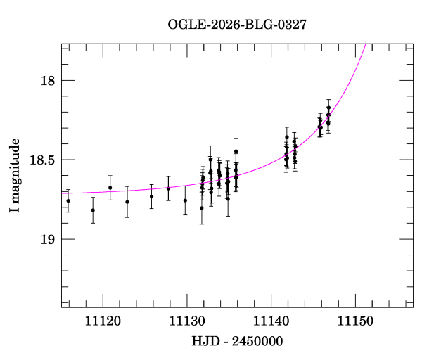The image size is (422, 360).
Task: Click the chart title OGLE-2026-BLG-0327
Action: click(237, 24)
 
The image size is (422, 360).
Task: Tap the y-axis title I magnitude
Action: click(15, 175)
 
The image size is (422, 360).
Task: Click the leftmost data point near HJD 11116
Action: click(68, 201)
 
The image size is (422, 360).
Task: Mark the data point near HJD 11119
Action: click(93, 210)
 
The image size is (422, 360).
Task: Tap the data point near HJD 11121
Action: click(110, 188)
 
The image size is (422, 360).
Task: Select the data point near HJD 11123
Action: click(127, 202)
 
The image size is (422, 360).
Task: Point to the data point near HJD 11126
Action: click(152, 196)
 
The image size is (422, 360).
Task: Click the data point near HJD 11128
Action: click(169, 188)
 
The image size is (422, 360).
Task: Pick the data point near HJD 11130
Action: click(185, 200)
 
